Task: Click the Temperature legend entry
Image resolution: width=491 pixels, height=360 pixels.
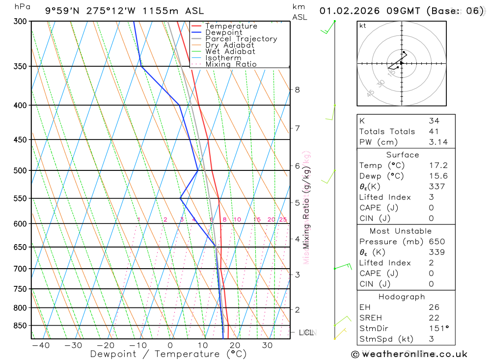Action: pyautogui.click(x=231, y=26)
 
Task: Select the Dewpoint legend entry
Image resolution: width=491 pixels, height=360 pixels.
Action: pyautogui.click(x=223, y=32)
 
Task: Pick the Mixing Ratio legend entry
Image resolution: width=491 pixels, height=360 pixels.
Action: pyautogui.click(x=231, y=64)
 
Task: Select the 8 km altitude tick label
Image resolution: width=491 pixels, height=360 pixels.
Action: pyautogui.click(x=297, y=89)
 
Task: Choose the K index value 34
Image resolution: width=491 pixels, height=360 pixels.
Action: pyautogui.click(x=434, y=121)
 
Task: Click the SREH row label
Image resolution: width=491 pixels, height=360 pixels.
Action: pyautogui.click(x=370, y=318)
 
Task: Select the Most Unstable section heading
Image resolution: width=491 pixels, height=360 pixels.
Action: pyautogui.click(x=401, y=231)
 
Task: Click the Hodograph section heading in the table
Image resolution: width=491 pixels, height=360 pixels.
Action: pyautogui.click(x=402, y=297)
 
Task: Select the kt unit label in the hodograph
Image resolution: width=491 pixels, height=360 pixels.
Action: pyautogui.click(x=362, y=26)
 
